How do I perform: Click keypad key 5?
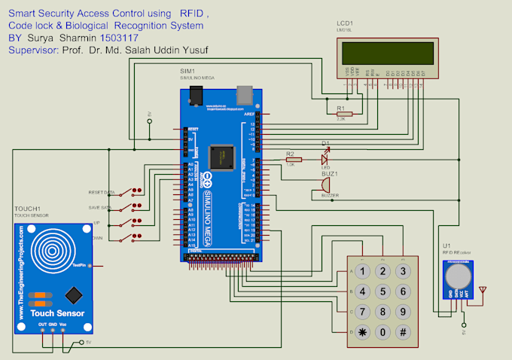384,291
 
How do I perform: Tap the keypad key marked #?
404,332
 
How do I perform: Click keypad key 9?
404,312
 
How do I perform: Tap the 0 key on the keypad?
384,332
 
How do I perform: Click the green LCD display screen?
386,53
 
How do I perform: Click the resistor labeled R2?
293,160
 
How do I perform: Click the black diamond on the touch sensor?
72,294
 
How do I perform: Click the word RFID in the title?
193,14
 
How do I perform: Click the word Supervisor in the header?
34,50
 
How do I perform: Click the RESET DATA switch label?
101,192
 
